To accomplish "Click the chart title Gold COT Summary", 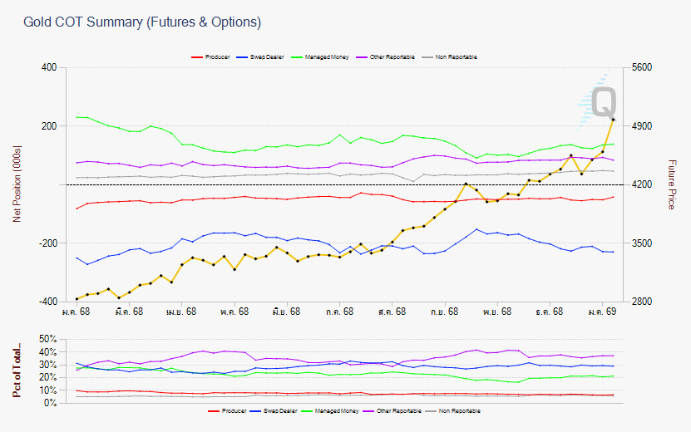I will point(141,22).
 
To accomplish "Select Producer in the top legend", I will point(217,56).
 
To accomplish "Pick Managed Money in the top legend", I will point(328,56).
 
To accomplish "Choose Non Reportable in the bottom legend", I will point(457,410).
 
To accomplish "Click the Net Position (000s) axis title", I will point(17,184).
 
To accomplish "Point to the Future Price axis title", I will point(673,184).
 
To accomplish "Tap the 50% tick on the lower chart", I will point(47,339).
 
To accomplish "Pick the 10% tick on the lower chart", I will point(47,390).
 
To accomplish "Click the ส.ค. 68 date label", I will point(391,312).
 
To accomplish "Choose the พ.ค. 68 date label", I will point(234,312).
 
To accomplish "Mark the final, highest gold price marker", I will point(613,120).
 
